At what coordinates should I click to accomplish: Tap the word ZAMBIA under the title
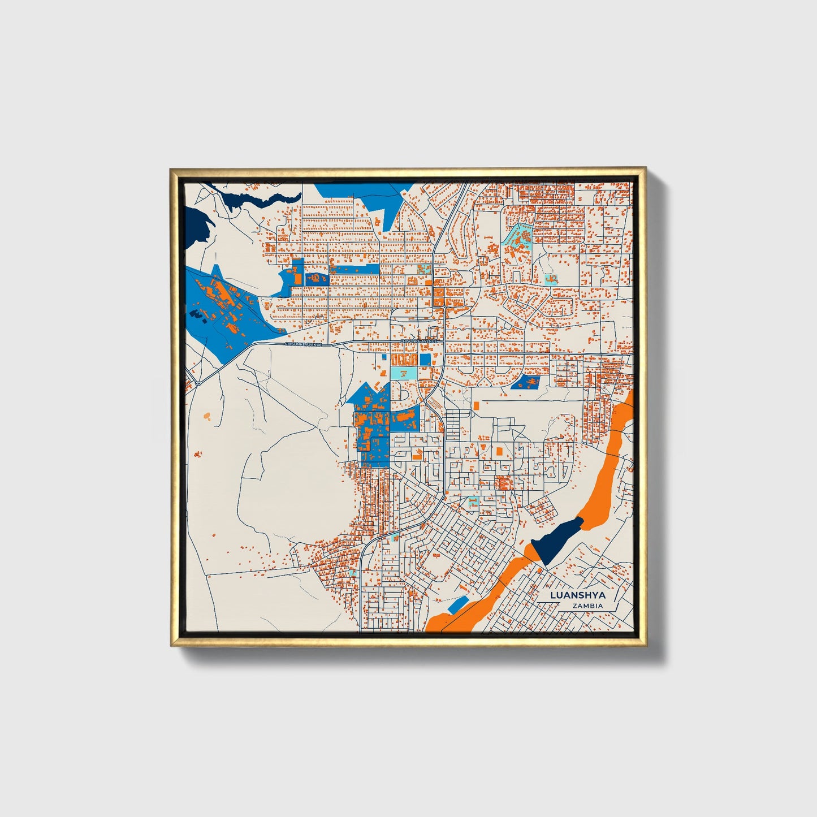coord(587,606)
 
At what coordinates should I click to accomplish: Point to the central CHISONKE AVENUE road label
coord(418,342)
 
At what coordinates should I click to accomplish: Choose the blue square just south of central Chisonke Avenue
coord(425,360)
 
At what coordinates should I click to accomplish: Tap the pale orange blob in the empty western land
coord(206,417)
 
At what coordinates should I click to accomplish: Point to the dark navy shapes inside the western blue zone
coord(196,314)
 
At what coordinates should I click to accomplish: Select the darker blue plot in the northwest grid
coord(317,279)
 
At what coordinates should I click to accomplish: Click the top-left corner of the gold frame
coord(171,168)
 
